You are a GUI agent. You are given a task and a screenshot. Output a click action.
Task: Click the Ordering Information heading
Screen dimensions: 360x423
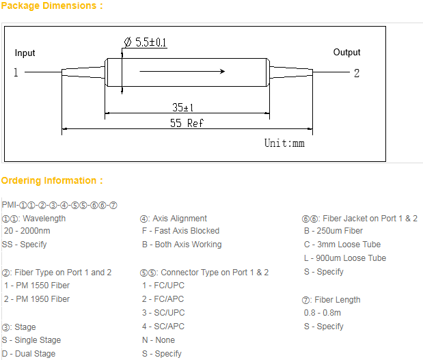[52, 181]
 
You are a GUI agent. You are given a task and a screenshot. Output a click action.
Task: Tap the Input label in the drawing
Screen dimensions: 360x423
[25, 53]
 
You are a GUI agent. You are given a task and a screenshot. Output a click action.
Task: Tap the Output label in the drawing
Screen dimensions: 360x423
[346, 53]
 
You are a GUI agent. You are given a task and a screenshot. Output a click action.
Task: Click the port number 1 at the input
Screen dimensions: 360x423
[16, 72]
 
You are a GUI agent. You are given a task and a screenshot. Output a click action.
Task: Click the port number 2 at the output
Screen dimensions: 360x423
[357, 73]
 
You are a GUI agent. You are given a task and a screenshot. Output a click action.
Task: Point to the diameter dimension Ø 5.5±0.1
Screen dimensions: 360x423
[146, 42]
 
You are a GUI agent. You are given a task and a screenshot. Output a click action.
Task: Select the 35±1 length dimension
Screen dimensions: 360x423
[182, 107]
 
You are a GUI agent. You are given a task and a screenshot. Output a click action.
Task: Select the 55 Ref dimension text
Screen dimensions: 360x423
[186, 124]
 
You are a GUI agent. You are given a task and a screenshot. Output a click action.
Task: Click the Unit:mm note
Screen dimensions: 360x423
[284, 143]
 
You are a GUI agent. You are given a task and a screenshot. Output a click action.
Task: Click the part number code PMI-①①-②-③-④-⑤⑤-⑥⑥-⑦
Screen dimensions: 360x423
[59, 205]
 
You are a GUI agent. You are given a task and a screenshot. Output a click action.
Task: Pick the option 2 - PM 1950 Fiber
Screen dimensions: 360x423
[37, 299]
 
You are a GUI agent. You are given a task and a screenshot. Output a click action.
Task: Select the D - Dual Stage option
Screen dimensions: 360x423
[29, 354]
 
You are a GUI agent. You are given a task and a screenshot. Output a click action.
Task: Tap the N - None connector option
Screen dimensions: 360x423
[159, 340]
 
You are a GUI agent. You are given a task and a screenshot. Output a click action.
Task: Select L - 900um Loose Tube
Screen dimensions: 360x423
[345, 258]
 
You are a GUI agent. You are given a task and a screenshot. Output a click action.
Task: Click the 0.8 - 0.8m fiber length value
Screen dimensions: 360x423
[323, 313]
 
